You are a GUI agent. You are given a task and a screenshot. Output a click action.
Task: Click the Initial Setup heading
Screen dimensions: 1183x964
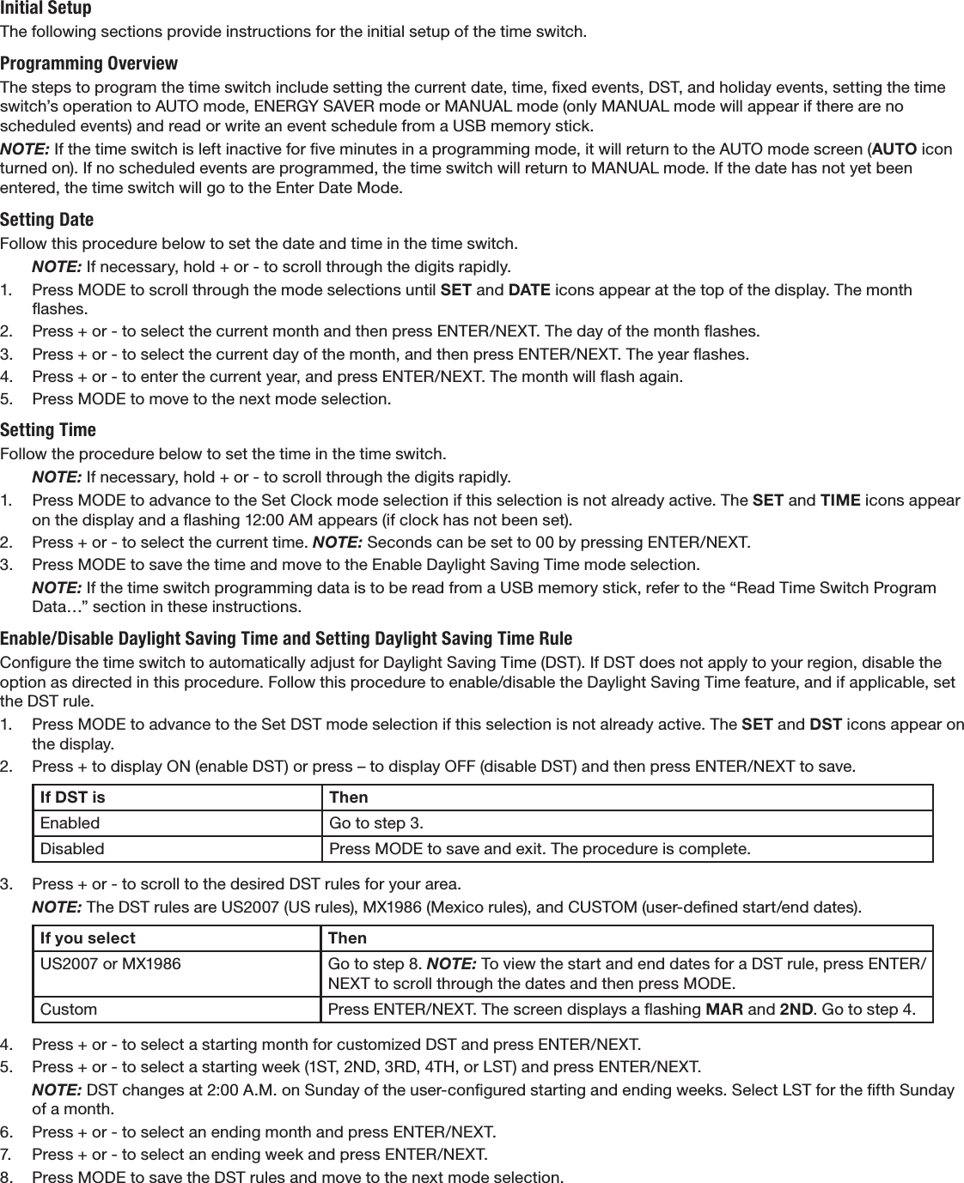coord(46,9)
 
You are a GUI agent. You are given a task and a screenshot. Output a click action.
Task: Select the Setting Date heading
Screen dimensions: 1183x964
coord(46,219)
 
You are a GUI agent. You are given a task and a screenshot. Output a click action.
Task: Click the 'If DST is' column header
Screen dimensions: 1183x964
coord(73,798)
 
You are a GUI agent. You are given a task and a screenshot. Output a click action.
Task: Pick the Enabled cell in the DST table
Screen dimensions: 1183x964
coord(70,823)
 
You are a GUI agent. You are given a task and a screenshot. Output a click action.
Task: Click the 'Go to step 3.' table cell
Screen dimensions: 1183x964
coord(375,823)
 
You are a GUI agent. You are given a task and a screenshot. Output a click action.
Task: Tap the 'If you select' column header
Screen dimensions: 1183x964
coord(88,938)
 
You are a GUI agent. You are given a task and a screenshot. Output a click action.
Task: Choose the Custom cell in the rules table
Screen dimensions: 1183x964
coord(69,1009)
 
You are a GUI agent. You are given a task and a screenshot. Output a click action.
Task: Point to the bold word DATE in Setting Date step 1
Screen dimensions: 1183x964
coord(530,289)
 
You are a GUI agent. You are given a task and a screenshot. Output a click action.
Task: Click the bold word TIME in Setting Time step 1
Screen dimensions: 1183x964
coord(840,500)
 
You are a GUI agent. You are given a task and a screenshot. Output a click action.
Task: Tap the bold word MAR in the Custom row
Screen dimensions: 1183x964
coord(721,1009)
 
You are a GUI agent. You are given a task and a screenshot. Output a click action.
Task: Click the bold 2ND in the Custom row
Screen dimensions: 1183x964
coord(796,1009)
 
